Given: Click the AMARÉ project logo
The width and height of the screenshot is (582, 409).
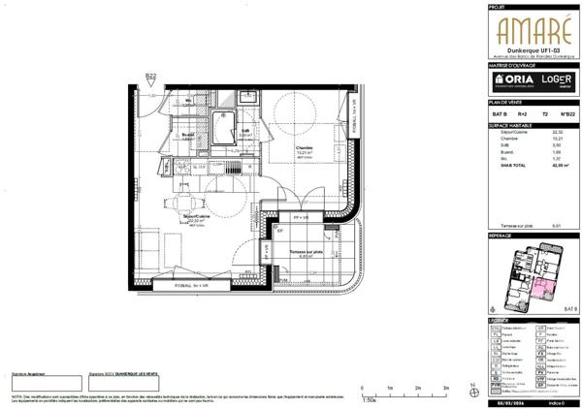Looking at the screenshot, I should [527, 30].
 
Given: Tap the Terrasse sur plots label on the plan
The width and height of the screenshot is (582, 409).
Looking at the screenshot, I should [307, 253].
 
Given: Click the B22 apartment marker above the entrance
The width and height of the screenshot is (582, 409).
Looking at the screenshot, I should [150, 77].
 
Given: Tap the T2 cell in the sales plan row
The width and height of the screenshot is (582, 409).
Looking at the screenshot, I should [542, 113].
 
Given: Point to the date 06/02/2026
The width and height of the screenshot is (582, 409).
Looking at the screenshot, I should [513, 401].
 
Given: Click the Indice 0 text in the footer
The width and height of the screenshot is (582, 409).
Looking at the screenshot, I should [555, 401].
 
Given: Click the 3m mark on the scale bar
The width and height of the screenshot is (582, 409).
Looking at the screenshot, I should [445, 387].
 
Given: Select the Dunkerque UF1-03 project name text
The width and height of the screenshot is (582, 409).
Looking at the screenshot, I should [527, 50].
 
